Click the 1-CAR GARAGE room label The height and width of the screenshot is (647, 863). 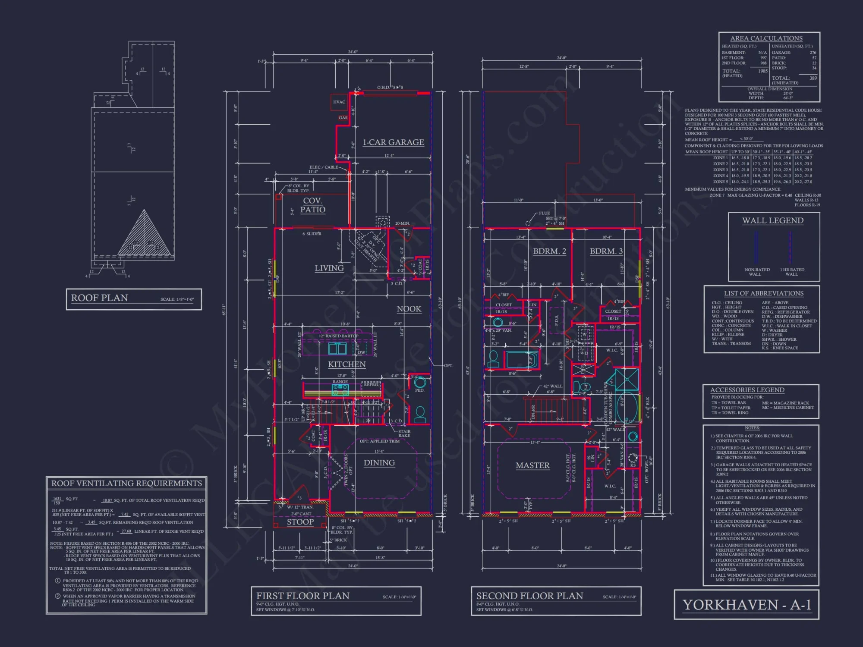pyautogui.click(x=393, y=142)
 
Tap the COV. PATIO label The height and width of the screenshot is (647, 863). pyautogui.click(x=313, y=205)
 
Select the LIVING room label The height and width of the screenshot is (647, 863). pyautogui.click(x=329, y=268)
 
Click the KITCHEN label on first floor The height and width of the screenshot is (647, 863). pyautogui.click(x=346, y=364)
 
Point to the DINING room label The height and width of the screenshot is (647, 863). pyautogui.click(x=379, y=463)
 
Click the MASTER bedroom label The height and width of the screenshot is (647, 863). pyautogui.click(x=532, y=465)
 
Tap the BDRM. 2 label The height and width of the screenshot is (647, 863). pyautogui.click(x=549, y=251)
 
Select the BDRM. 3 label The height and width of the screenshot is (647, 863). pyautogui.click(x=606, y=251)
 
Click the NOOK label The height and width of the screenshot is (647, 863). pyautogui.click(x=409, y=309)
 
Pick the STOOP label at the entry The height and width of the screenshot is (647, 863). pyautogui.click(x=300, y=522)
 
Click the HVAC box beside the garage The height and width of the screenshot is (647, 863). pyautogui.click(x=339, y=102)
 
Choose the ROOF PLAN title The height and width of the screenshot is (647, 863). pyautogui.click(x=100, y=298)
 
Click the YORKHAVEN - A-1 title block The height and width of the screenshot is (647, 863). pyautogui.click(x=746, y=605)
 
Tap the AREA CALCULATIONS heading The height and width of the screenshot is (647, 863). pyautogui.click(x=766, y=38)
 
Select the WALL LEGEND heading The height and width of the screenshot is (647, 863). pyautogui.click(x=772, y=220)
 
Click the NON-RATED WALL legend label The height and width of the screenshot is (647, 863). pyautogui.click(x=756, y=272)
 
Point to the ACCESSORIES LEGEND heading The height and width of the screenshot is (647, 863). pyautogui.click(x=747, y=390)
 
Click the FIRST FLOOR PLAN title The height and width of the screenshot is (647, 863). pyautogui.click(x=302, y=596)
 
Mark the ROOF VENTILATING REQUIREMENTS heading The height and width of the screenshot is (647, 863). pyautogui.click(x=126, y=484)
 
